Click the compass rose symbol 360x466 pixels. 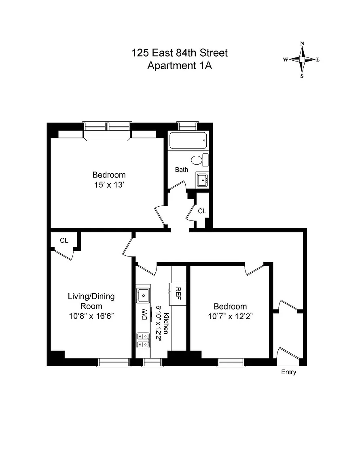pos(302,59)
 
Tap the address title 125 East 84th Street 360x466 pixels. pos(180,53)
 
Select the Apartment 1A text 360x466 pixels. pos(180,66)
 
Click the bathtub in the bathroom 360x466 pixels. pos(188,141)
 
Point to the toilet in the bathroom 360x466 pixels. pos(198,160)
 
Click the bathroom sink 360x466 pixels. pos(202,180)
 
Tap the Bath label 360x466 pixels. pos(182,169)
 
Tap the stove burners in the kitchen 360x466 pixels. pos(143,340)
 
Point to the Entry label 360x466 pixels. pos(288,372)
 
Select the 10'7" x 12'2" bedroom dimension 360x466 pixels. pos(230,317)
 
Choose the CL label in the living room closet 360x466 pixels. pos(64,240)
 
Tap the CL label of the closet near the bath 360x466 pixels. pos(202,211)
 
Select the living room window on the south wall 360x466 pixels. pos(114,362)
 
